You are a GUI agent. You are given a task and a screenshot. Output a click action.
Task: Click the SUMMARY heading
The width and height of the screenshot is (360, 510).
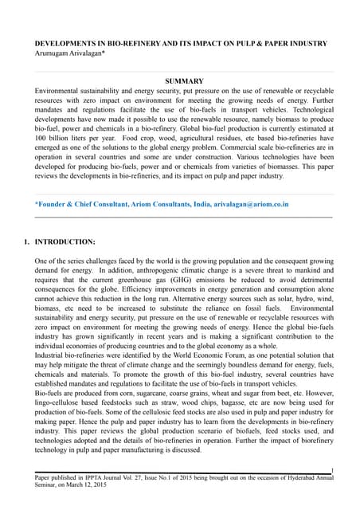(183, 81)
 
